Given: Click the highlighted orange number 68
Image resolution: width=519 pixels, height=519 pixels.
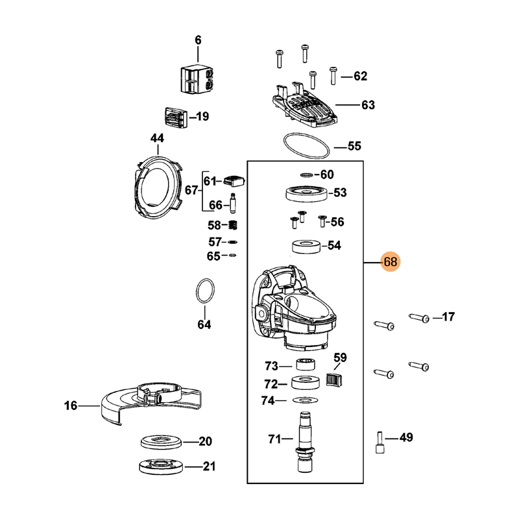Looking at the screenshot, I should [391, 262].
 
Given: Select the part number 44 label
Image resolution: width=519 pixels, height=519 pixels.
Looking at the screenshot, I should [158, 138].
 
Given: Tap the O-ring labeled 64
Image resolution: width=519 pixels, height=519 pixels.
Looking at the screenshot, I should [205, 291].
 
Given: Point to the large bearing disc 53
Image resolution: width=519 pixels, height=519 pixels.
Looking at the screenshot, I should [306, 193].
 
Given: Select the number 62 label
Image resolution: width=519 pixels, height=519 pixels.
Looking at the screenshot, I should [360, 77].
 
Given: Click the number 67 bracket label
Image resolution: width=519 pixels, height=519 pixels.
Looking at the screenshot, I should [191, 191].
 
